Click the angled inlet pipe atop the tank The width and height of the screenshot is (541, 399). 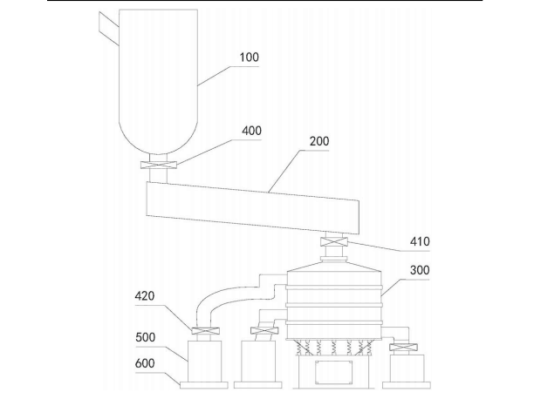(x=108, y=25)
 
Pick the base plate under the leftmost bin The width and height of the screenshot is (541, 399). (x=203, y=384)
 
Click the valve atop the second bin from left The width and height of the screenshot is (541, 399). (x=261, y=331)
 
